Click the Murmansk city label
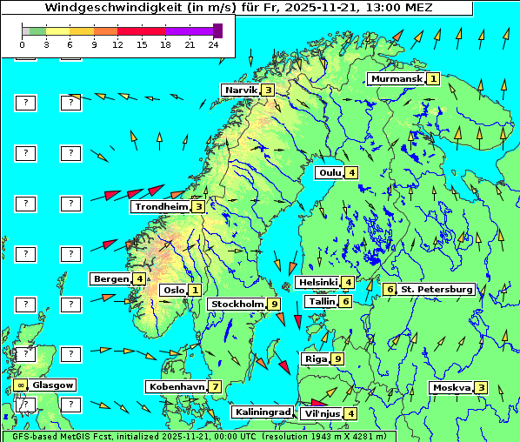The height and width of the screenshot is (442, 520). (x=397, y=78)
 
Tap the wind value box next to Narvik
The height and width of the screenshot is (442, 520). (x=269, y=90)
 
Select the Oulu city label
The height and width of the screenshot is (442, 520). (x=330, y=172)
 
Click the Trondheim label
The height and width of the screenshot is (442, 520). (x=161, y=207)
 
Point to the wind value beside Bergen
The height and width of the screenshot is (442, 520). (x=139, y=278)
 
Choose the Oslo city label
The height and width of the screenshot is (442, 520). (x=173, y=290)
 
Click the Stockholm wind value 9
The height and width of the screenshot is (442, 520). (x=274, y=304)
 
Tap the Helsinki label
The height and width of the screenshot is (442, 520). (x=317, y=282)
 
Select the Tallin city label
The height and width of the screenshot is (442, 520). (x=321, y=301)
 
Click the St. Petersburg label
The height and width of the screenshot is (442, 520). (x=436, y=289)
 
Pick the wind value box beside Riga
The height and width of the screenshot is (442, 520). (x=337, y=358)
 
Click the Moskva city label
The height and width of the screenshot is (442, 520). (x=451, y=387)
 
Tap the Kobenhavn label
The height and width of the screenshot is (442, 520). (x=177, y=386)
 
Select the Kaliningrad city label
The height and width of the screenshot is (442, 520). (x=262, y=412)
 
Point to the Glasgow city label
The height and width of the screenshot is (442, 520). (x=53, y=385)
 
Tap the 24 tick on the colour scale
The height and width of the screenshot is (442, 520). (x=213, y=44)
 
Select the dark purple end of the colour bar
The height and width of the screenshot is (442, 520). (x=217, y=30)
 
